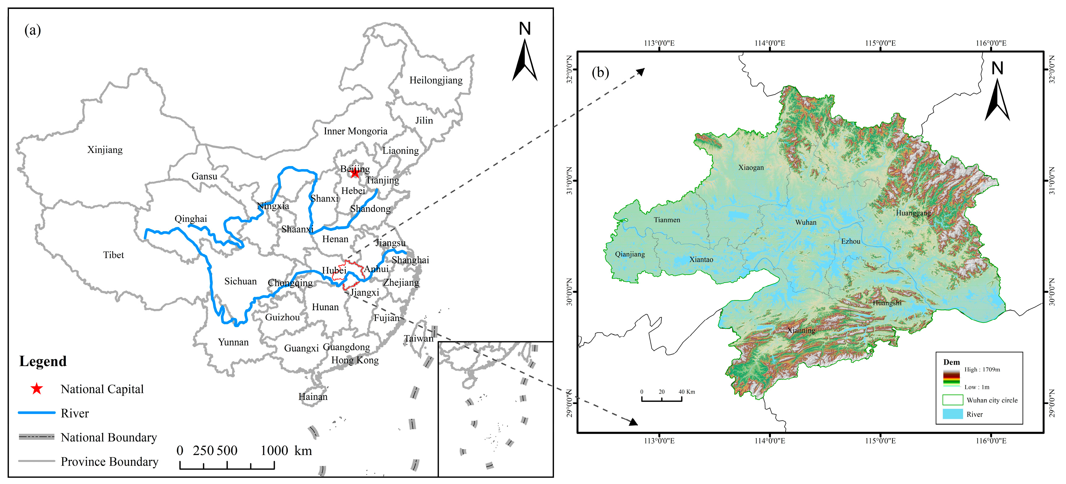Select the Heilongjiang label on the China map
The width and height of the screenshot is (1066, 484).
pos(436,80)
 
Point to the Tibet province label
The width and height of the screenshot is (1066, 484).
pos(113,255)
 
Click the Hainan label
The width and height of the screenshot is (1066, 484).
pos(313,397)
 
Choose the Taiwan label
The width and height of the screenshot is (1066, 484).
pos(419,339)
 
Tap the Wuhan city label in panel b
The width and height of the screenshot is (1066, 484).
pos(806,222)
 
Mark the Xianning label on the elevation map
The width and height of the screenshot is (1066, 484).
pos(801,330)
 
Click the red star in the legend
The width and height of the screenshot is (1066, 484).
pos(37,389)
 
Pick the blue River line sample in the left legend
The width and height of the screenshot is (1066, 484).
pos(37,412)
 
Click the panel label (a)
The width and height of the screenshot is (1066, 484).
pos(33,30)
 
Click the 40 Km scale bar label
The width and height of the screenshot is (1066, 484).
pos(687,392)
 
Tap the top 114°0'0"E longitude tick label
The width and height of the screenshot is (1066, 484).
pos(769,43)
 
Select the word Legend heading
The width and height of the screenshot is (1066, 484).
pos(43,361)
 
